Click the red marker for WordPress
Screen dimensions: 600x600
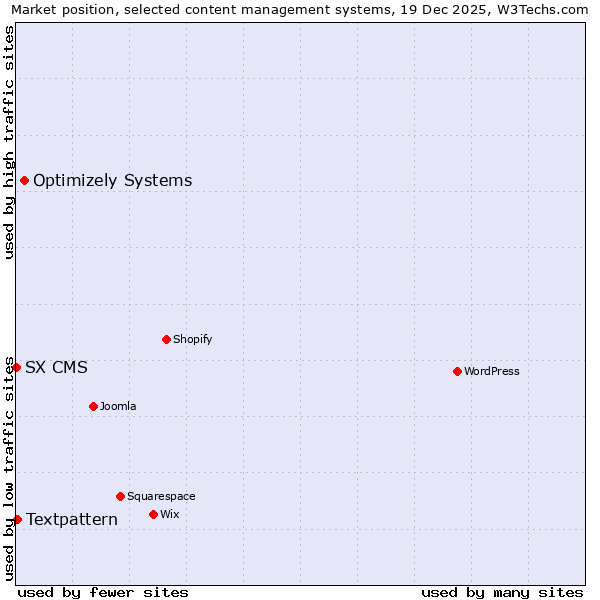tap(457, 371)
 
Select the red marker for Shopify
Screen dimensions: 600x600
tap(166, 339)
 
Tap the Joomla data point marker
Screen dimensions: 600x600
tap(93, 406)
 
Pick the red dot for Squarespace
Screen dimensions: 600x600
tap(120, 496)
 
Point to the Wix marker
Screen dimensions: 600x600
tap(153, 514)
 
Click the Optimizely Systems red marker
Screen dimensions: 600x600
tap(24, 180)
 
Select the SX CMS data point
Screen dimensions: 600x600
tap(16, 367)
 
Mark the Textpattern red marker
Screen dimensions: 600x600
tap(17, 519)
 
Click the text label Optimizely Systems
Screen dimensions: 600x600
tap(112, 181)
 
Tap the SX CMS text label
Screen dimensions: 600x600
tap(56, 368)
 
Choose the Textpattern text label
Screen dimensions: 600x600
tap(72, 520)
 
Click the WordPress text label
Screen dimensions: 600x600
tap(492, 372)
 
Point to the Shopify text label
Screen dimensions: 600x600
tap(193, 340)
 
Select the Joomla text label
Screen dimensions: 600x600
tap(118, 407)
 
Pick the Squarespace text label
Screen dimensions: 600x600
tap(161, 497)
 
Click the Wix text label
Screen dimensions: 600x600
tap(169, 515)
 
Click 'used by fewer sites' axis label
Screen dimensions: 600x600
tap(103, 592)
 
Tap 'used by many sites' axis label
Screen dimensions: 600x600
tap(502, 592)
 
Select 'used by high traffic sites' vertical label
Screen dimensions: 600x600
tap(9, 142)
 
